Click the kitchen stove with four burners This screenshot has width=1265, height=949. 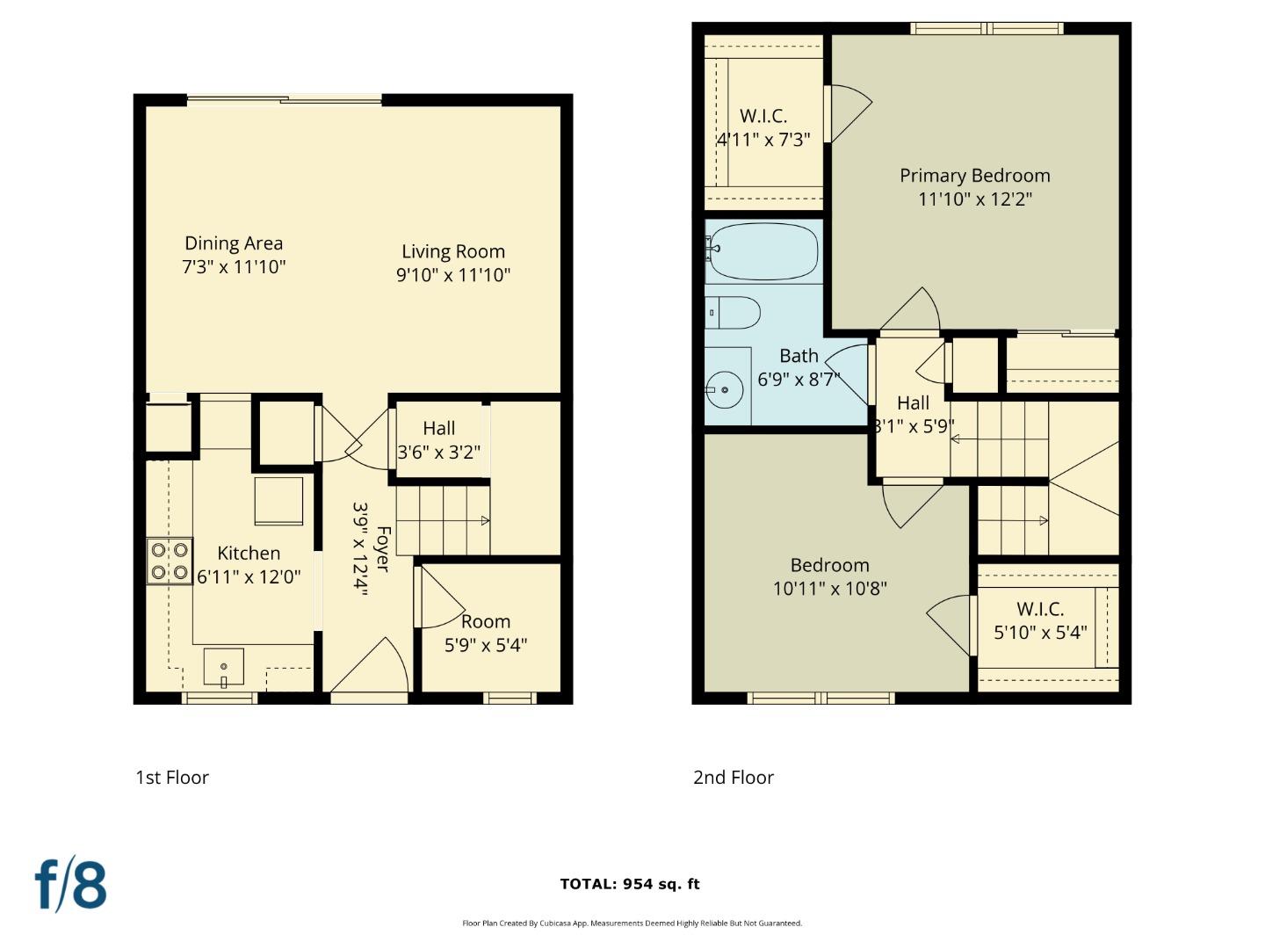coord(170,561)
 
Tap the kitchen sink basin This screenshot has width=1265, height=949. coord(224,666)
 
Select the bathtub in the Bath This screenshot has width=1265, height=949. coord(763,251)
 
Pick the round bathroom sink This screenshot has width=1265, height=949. coord(725,388)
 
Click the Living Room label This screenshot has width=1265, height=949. coord(453,252)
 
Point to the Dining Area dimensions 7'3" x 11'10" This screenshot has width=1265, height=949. coord(235,267)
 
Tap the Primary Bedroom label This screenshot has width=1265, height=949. coord(974,176)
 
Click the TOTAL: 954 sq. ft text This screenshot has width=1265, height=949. coord(630,884)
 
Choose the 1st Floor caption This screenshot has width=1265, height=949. coord(172,778)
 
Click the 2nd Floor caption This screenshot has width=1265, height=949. coord(734,778)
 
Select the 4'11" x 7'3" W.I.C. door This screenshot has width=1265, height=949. coord(847,112)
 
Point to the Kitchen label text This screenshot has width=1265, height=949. coord(249,554)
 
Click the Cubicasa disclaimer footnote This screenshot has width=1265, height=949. coord(632,924)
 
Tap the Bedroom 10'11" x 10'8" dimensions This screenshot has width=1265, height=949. coord(830,589)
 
